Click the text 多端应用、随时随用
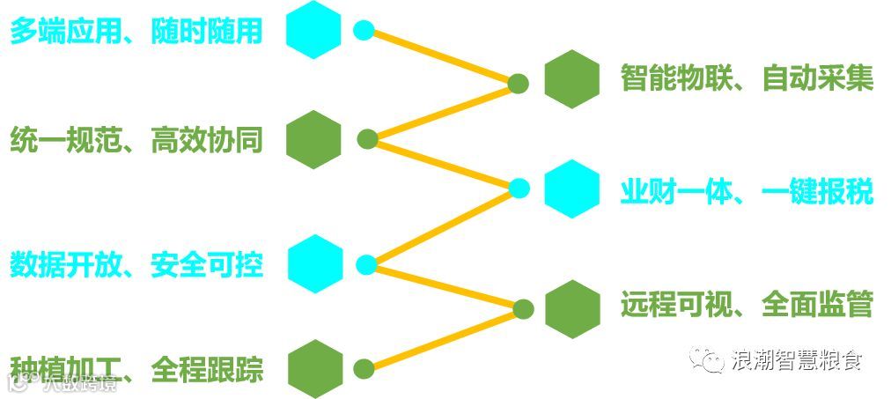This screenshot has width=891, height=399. tap(136, 31)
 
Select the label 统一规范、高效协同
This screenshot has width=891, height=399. tap(136, 140)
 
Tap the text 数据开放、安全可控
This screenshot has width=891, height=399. tap(136, 263)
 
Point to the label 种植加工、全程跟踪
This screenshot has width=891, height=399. tap(136, 368)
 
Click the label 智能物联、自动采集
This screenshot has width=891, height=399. tap(747, 78)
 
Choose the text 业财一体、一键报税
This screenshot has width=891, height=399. tap(747, 189)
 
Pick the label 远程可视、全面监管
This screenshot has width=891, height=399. tap(747, 305)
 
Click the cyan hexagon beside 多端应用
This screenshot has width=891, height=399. tap(314, 30)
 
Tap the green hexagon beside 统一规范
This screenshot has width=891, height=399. tap(314, 139)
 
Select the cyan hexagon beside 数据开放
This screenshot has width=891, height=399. tap(314, 262)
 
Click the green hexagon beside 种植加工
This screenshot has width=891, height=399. tap(314, 368)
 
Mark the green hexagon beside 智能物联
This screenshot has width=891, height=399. tap(572, 79)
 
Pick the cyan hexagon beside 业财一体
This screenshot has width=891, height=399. tap(572, 188)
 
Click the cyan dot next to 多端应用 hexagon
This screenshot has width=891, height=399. tap(364, 30)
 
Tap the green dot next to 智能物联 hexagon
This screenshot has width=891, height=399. tap(519, 84)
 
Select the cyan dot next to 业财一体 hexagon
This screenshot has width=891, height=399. tap(519, 188)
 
